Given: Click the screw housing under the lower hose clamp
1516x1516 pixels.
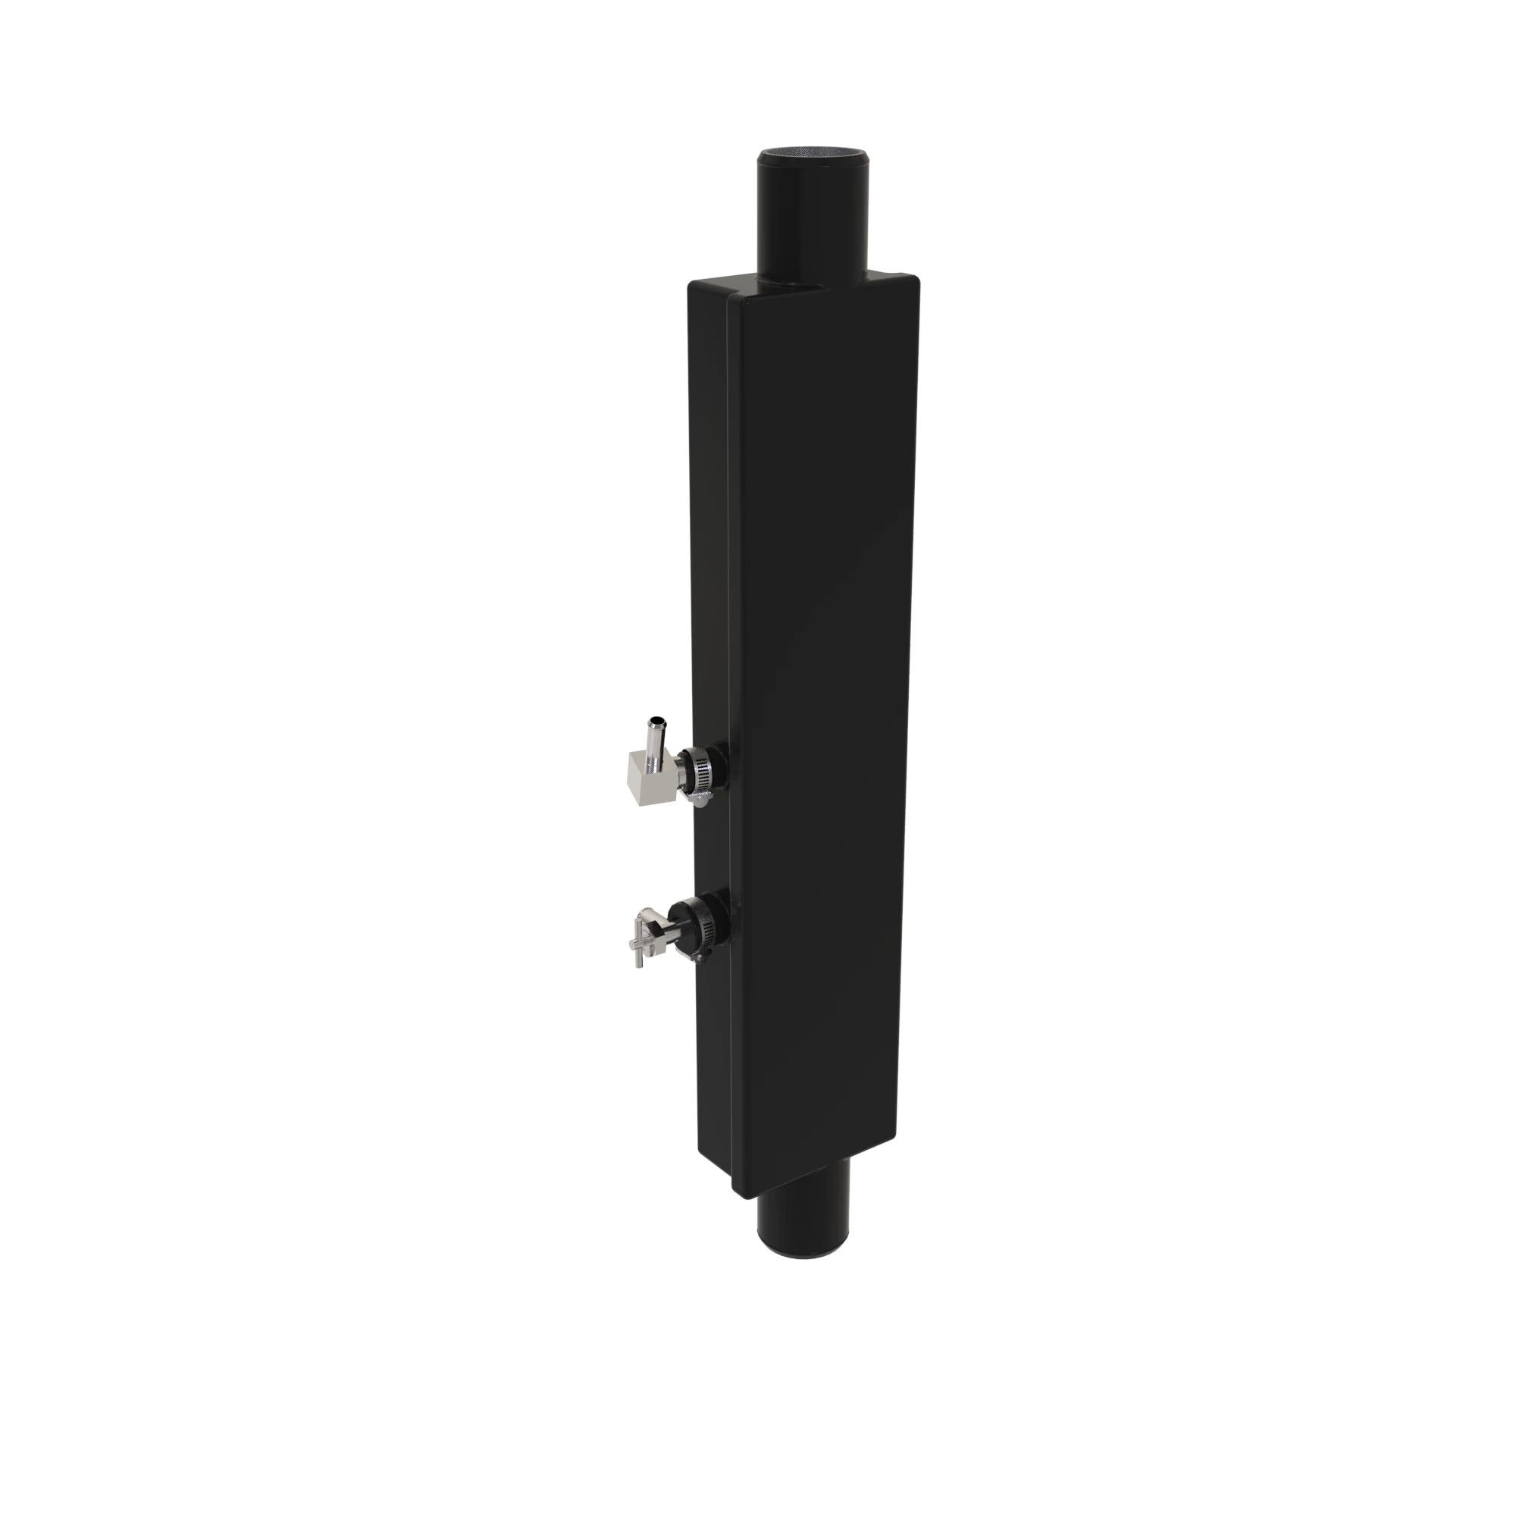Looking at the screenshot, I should pyautogui.click(x=700, y=953).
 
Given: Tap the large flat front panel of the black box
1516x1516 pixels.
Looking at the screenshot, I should pyautogui.click(x=820, y=706).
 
